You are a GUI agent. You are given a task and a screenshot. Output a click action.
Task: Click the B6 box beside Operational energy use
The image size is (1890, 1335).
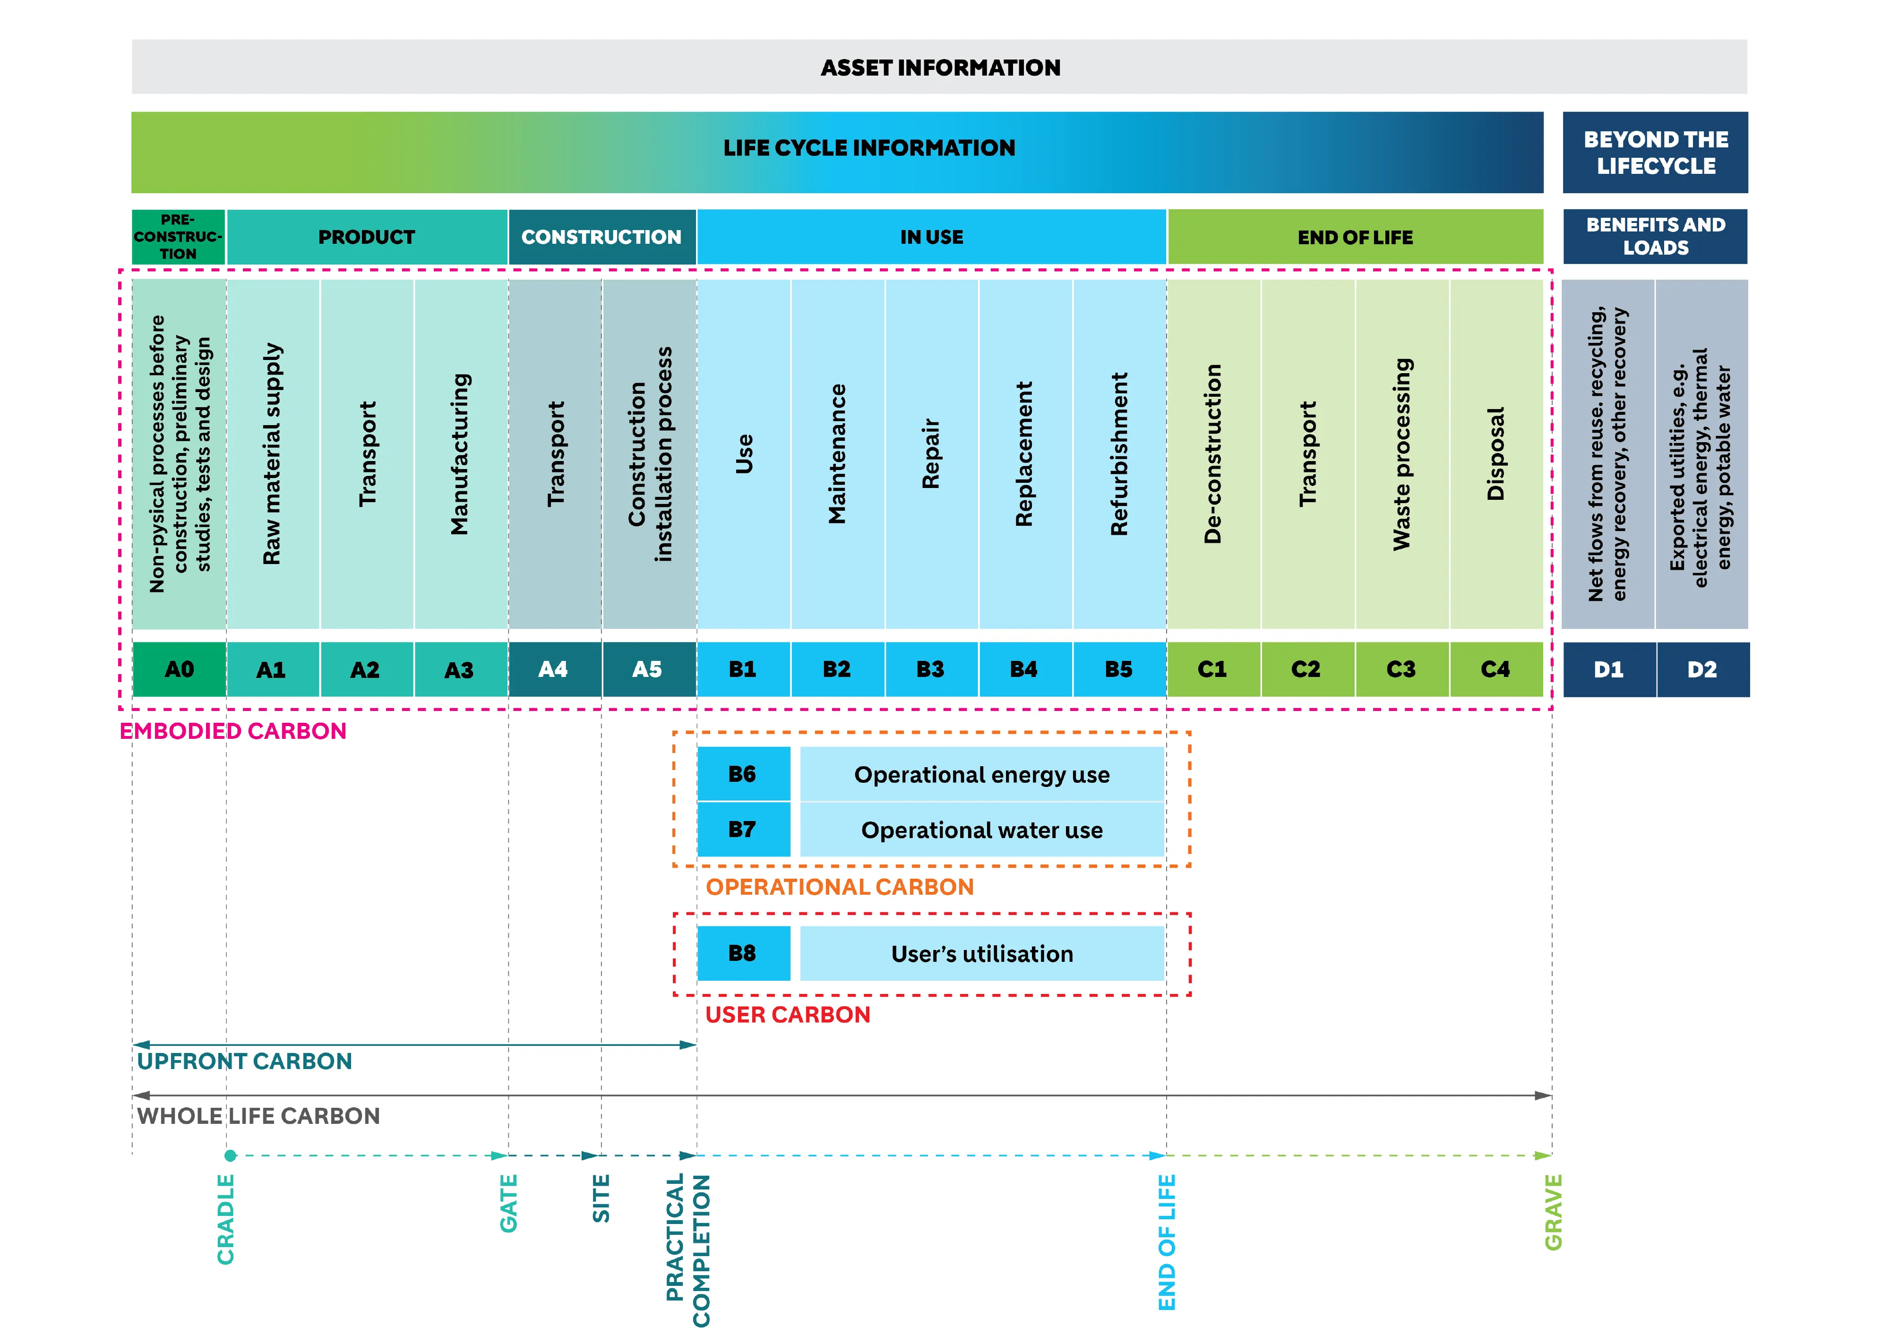coord(742,774)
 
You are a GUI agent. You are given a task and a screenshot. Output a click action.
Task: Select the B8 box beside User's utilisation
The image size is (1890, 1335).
coord(742,953)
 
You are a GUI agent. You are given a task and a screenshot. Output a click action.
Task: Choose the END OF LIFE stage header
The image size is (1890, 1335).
coord(1355,237)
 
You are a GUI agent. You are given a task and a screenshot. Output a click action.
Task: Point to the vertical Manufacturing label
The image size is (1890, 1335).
coord(460,454)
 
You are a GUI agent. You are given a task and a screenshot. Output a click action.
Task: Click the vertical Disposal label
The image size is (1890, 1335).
coord(1496,454)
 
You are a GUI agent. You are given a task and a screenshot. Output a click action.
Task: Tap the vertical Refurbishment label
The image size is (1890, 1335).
coord(1119,454)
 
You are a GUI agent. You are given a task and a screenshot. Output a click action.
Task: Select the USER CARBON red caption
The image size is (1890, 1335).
coord(787,1015)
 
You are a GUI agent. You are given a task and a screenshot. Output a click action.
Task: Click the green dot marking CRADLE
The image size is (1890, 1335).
coord(231,1155)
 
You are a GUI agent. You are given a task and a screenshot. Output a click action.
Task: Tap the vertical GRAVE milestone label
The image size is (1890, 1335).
coord(1553,1212)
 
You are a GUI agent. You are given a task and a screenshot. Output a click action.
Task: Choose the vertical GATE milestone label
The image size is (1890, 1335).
coord(509,1203)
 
